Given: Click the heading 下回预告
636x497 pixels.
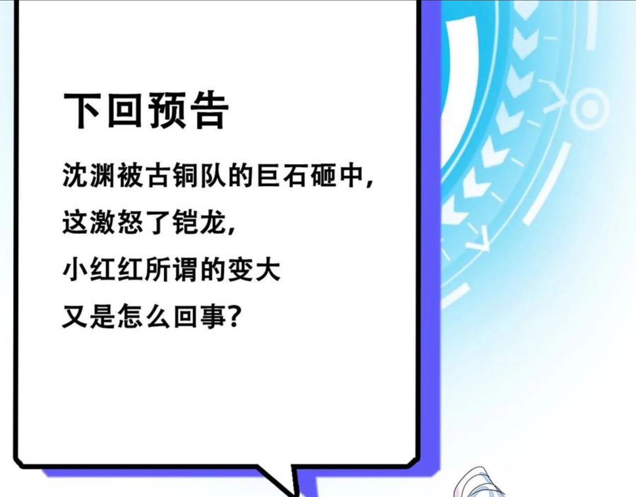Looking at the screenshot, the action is pyautogui.click(x=146, y=110).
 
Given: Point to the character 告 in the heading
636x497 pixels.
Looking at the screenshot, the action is pyautogui.click(x=210, y=110).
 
